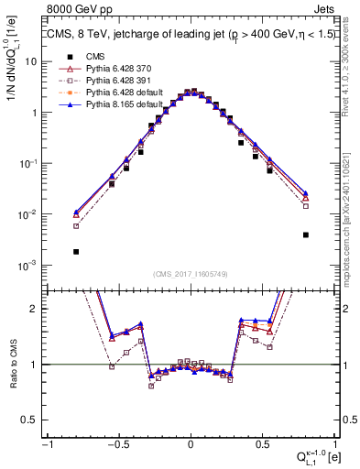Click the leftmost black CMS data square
coord(76,251)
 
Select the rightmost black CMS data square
coord(305,234)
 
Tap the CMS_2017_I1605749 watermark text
coord(190,274)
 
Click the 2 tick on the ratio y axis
coord(38,310)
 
